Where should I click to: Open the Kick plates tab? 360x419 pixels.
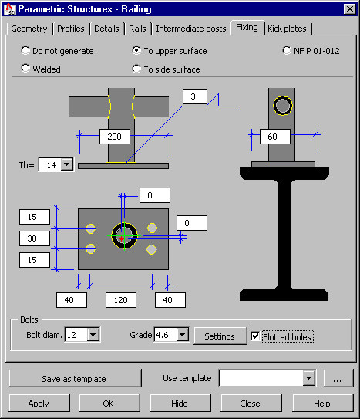[287, 29]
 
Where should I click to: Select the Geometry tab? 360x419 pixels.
[29, 29]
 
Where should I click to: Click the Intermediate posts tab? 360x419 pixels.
[191, 29]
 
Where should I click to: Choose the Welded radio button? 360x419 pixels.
[25, 68]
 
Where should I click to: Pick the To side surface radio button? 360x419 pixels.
[136, 69]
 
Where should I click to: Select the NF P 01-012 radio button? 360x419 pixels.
[286, 50]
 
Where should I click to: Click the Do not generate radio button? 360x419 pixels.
[25, 50]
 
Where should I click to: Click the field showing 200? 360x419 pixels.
[115, 137]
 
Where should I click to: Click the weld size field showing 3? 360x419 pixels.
[195, 96]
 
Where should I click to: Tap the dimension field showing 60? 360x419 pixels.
[275, 137]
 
